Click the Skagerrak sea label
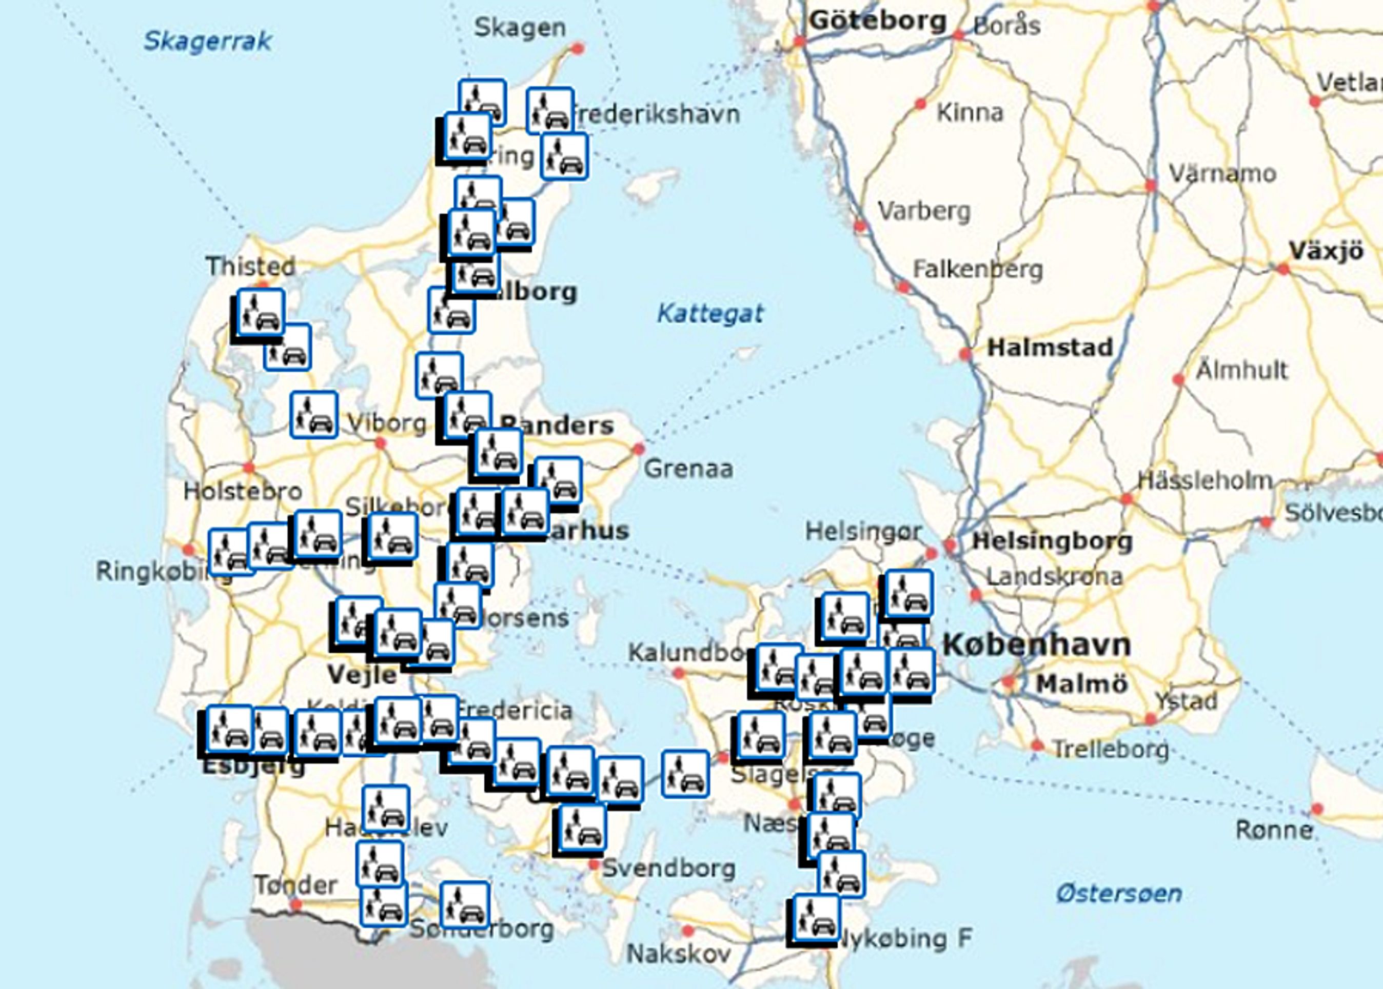point(207,41)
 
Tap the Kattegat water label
point(710,314)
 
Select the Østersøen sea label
point(1119,894)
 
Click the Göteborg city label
point(878,22)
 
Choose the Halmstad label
point(1050,348)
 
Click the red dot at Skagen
point(578,48)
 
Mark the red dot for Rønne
point(1317,809)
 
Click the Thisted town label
point(250,266)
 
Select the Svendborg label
point(669,868)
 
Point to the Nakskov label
point(678,954)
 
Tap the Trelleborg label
point(1111,749)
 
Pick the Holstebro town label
point(243,491)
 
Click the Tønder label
point(295,885)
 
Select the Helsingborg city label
point(1052,541)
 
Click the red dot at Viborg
point(381,443)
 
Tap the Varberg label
point(924,211)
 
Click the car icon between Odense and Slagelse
point(685,774)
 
